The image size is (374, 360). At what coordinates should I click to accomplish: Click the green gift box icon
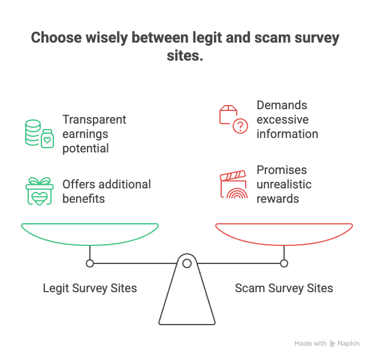tap(40, 191)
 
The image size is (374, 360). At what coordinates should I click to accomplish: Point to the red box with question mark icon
tap(233, 119)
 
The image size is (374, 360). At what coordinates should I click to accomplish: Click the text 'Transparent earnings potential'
tap(94, 134)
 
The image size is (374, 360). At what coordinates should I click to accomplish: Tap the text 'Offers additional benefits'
tap(106, 191)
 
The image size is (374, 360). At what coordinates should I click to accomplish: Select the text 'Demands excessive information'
tap(287, 119)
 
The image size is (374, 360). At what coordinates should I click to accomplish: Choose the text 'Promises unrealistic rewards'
tap(284, 184)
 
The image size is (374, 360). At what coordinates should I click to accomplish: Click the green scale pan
tap(90, 233)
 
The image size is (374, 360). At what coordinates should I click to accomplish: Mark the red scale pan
tap(284, 233)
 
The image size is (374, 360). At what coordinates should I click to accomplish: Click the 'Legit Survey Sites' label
tap(90, 289)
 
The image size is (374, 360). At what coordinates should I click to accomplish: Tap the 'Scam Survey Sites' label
tap(284, 289)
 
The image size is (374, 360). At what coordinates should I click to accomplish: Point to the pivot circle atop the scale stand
tap(187, 263)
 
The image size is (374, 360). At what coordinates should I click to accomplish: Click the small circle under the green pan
tap(90, 263)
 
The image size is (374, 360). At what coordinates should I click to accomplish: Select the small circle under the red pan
tap(284, 263)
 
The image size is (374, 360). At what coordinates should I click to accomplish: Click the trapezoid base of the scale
tap(187, 300)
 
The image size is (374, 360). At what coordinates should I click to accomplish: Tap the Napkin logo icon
tap(332, 344)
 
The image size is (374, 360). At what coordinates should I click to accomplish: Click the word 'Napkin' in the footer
tap(349, 344)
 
